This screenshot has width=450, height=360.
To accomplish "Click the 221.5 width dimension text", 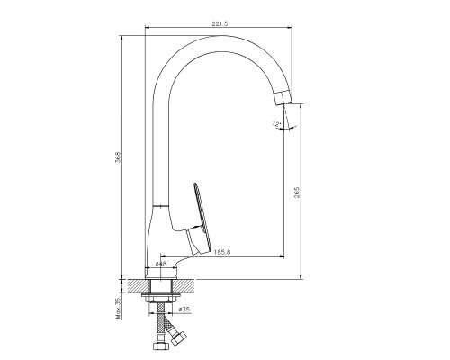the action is tap(220, 23).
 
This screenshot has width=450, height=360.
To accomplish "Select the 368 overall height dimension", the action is tap(119, 157).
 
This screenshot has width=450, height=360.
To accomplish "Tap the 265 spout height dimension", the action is tap(297, 193).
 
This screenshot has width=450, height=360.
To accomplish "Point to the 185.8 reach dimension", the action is tap(222, 252).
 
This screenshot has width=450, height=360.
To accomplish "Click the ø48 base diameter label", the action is tap(161, 264).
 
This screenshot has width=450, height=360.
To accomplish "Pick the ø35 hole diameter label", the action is tap(184, 310).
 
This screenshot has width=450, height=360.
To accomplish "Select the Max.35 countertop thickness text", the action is tap(118, 309).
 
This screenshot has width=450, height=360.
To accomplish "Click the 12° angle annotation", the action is tap(276, 123).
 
